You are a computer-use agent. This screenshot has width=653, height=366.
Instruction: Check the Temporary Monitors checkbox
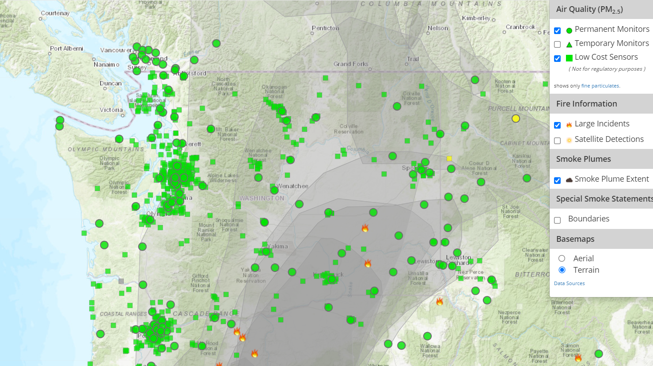pyautogui.click(x=558, y=44)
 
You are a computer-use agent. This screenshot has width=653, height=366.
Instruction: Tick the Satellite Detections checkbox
pyautogui.click(x=558, y=141)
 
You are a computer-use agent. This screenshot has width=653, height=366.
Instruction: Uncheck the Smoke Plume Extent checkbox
pyautogui.click(x=558, y=180)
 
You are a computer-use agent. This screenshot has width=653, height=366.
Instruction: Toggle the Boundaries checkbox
pyautogui.click(x=558, y=220)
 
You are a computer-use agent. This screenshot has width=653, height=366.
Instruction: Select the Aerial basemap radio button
pyautogui.click(x=562, y=259)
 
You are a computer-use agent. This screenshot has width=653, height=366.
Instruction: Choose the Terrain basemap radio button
pyautogui.click(x=562, y=270)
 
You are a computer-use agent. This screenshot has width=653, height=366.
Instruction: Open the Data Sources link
pyautogui.click(x=569, y=283)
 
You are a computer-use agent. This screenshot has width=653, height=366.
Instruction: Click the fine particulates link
pyautogui.click(x=600, y=86)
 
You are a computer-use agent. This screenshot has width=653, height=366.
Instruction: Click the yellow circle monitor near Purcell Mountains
pyautogui.click(x=516, y=118)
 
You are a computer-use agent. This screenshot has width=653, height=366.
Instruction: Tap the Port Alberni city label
pyautogui.click(x=66, y=48)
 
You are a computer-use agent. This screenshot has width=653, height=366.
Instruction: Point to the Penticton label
pyautogui.click(x=325, y=28)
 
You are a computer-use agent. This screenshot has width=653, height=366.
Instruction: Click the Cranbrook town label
pyautogui.click(x=520, y=27)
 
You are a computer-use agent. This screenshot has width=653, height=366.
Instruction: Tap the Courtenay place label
pyautogui.click(x=55, y=13)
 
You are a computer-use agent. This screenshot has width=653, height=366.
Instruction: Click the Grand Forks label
pyautogui.click(x=351, y=64)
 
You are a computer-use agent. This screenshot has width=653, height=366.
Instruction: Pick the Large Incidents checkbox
pyautogui.click(x=558, y=125)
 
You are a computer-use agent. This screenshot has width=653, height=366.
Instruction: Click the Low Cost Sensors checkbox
pyautogui.click(x=558, y=58)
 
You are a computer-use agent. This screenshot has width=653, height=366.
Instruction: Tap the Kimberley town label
pyautogui.click(x=476, y=18)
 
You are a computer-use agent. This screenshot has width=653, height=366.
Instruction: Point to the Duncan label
pyautogui.click(x=110, y=83)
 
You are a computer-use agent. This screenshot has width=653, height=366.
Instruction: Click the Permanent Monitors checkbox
pyautogui.click(x=558, y=30)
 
